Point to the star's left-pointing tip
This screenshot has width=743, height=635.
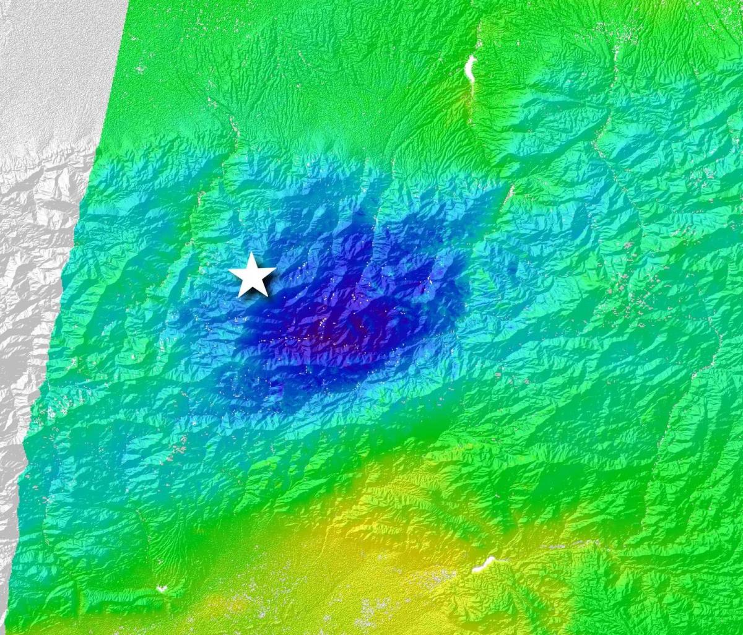point(229,271)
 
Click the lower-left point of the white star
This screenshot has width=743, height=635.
point(239,296)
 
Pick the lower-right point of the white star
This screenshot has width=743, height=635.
point(267,296)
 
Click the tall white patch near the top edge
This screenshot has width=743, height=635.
point(471,69)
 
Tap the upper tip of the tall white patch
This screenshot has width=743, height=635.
point(472,56)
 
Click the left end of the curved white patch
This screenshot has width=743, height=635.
point(474,569)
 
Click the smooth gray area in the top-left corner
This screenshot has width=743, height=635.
point(50,62)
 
